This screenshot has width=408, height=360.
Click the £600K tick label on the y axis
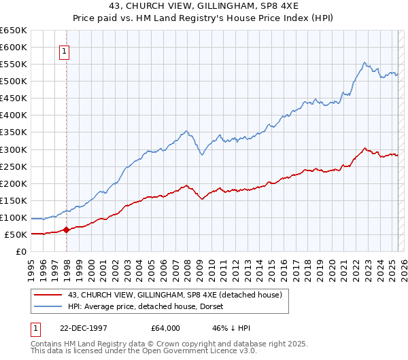pos(14,47)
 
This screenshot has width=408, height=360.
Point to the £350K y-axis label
pos(14,132)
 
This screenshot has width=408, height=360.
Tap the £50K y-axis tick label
pos(16,234)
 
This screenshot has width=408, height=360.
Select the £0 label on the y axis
pos(21,251)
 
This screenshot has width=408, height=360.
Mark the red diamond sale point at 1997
pos(67,230)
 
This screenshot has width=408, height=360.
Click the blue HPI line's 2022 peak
pos(365,63)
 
